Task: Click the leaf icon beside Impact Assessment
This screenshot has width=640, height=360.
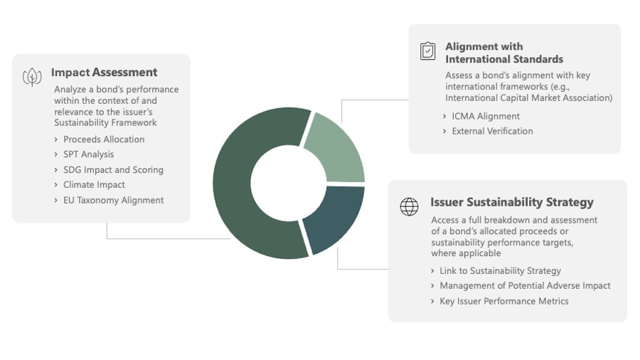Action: (32, 77)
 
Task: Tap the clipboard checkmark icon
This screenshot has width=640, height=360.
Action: (428, 51)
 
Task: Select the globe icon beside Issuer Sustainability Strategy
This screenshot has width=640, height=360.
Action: (409, 206)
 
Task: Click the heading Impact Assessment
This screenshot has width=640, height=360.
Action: (104, 73)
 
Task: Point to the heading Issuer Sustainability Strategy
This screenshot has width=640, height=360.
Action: (512, 202)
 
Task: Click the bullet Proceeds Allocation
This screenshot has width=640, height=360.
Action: (104, 139)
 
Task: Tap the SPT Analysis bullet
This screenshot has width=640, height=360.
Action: (89, 154)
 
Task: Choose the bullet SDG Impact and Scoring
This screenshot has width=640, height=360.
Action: (113, 170)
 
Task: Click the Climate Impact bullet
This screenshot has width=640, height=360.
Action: (94, 185)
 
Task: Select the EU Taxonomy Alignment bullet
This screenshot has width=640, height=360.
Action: (114, 201)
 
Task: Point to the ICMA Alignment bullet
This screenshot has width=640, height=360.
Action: (486, 117)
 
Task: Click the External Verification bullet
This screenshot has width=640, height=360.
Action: (492, 131)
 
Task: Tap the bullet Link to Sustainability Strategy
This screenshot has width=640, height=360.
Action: (500, 270)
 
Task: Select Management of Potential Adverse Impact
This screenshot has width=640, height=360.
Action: (525, 286)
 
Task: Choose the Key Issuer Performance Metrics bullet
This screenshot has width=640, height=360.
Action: (503, 301)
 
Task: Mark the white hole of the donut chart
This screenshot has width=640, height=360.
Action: (289, 184)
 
